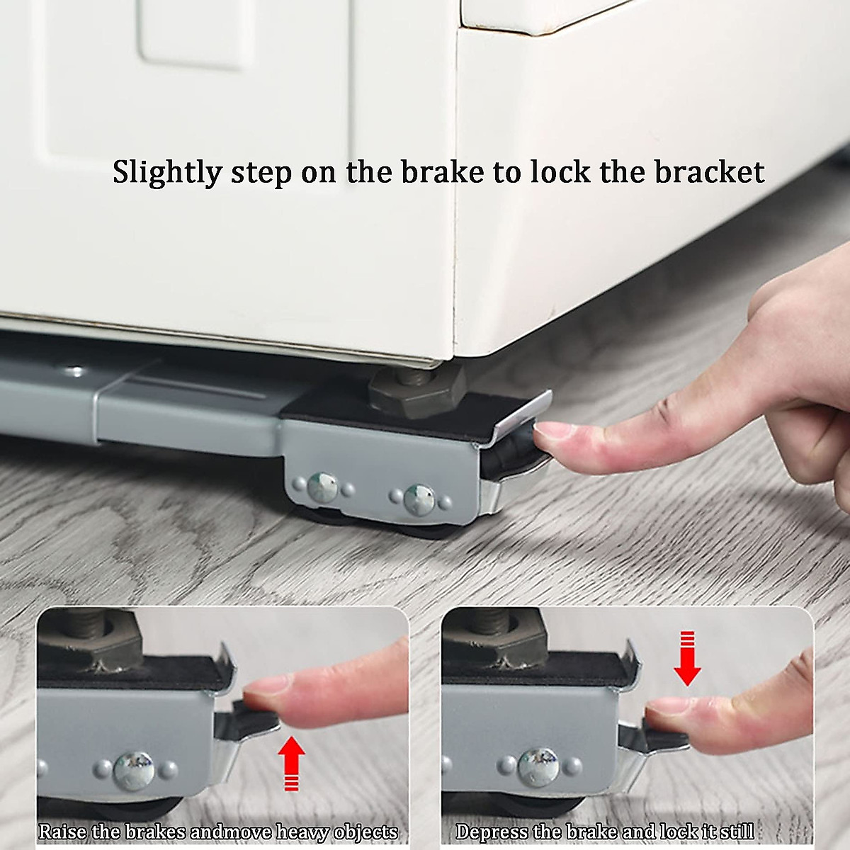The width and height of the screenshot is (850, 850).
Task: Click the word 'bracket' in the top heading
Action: [x=709, y=172]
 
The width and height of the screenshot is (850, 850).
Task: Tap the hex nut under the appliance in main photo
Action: [x=416, y=383]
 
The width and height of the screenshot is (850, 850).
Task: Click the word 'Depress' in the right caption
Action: [x=488, y=831]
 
